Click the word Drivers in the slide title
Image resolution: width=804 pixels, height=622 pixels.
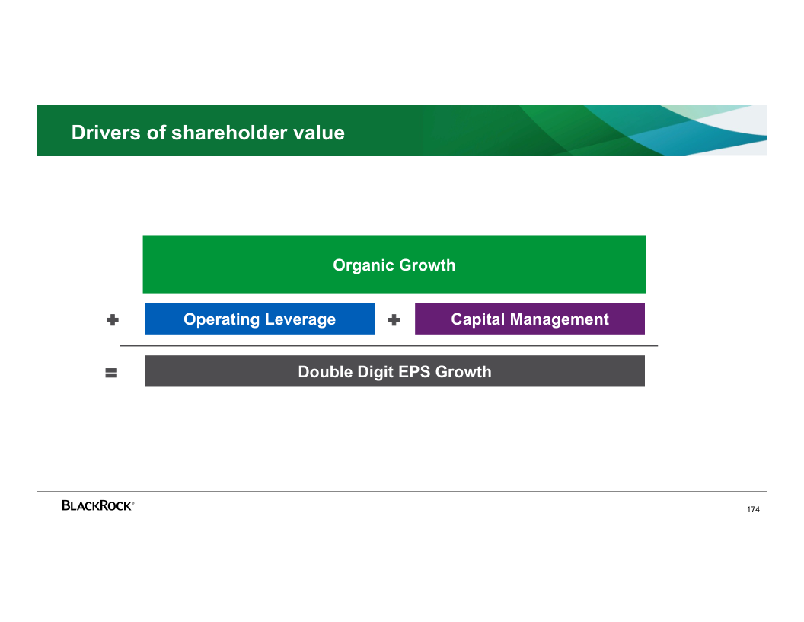106,133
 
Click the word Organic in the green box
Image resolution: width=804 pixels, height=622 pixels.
363,265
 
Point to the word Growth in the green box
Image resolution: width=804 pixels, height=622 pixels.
427,265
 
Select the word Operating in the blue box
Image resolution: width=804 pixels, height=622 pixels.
222,319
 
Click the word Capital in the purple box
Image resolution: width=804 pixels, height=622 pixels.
478,319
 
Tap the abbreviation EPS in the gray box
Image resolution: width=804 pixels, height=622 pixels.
410,371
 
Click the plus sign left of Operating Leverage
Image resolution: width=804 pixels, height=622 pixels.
113,320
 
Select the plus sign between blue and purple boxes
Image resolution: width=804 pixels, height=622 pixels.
394,320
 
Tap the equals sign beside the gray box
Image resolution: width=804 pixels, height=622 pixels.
111,373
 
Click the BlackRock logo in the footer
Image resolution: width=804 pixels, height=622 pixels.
98,505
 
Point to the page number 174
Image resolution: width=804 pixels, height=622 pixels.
753,510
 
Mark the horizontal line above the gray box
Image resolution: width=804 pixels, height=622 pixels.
388,346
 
